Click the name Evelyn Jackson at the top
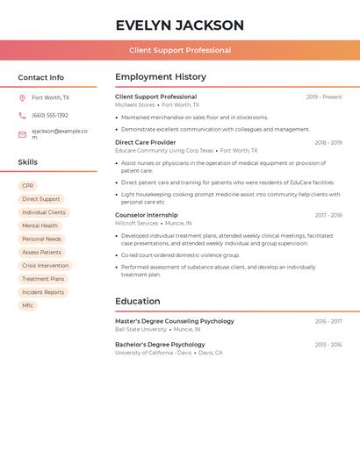tap(180, 25)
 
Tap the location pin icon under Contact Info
tap(22, 98)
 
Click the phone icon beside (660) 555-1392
tap(22, 116)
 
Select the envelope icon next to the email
tap(22, 134)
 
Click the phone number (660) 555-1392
tap(50, 116)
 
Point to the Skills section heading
tap(28, 162)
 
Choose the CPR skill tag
tap(28, 186)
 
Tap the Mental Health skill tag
tap(40, 225)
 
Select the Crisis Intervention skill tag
tap(45, 266)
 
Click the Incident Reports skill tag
tap(43, 292)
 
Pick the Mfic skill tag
tap(28, 305)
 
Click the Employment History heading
tap(161, 77)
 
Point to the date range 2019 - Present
tap(324, 97)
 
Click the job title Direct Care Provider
tap(146, 142)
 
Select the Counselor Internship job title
tap(147, 215)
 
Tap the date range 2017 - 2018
tap(328, 215)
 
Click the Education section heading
tap(138, 302)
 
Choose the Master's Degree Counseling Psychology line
tap(175, 321)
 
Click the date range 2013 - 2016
tap(328, 345)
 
